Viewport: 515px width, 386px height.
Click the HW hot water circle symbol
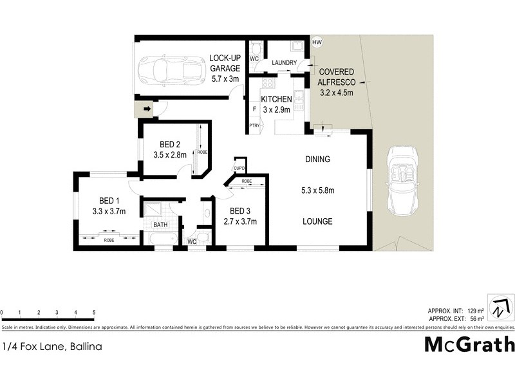[316, 42]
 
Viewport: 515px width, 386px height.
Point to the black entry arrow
[147, 109]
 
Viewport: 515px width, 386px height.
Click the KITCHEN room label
[276, 99]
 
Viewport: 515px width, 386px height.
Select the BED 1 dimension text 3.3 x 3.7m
[108, 211]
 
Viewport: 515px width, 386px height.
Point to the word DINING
[317, 160]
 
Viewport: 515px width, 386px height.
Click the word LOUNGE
[317, 221]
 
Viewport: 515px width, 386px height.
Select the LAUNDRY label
[284, 62]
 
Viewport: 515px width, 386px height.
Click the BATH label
[160, 225]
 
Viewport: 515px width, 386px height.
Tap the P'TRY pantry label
[254, 125]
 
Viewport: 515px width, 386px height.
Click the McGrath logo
[469, 344]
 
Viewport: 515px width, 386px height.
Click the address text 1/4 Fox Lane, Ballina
[51, 346]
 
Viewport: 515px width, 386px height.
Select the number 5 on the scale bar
[94, 312]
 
